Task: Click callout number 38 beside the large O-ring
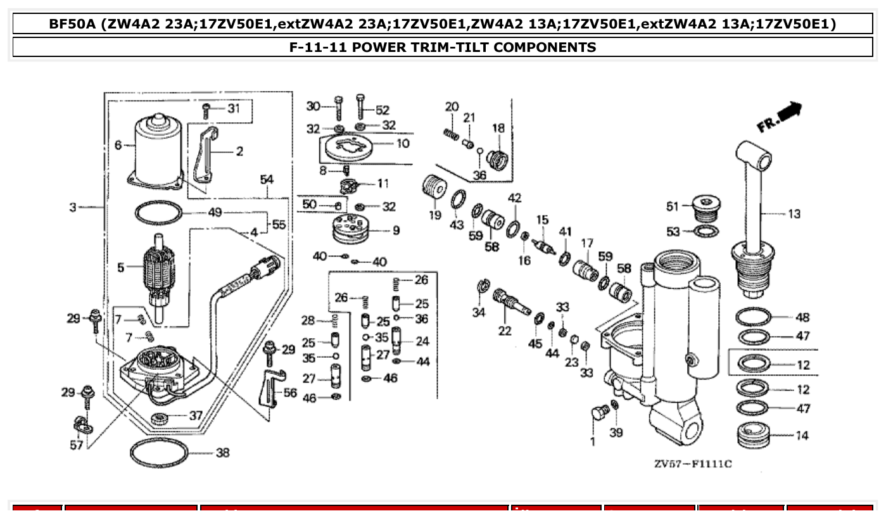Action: pos(222,453)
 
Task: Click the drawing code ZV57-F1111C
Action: pos(693,464)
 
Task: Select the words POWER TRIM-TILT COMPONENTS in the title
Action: pos(474,47)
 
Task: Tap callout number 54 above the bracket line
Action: pos(267,180)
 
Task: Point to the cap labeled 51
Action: pos(702,207)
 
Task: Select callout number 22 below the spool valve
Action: pos(505,331)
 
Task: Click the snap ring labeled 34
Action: pos(482,288)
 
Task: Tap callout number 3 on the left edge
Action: pos(73,207)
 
